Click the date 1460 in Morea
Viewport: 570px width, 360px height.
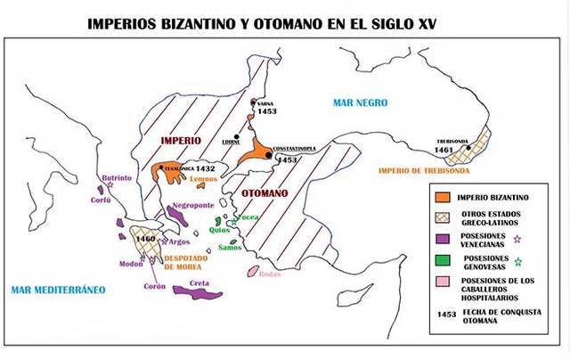tap(144, 239)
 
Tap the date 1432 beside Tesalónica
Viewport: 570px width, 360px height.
tap(206, 168)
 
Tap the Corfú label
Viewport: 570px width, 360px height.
tap(101, 200)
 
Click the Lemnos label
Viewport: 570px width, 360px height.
tap(204, 179)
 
